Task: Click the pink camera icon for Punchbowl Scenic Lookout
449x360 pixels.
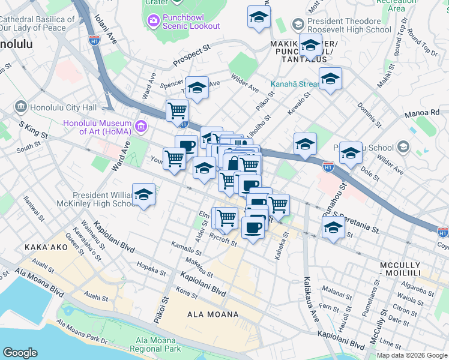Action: point(154,21)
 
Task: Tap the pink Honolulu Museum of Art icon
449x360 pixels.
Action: point(142,126)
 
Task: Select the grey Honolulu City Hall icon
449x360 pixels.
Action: point(21,107)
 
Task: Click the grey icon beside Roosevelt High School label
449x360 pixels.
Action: point(297,25)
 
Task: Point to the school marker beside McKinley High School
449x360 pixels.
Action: point(143,196)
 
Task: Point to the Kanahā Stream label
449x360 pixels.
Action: point(294,85)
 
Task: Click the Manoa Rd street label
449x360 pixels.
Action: point(426,112)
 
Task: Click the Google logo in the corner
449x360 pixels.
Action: point(20,353)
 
